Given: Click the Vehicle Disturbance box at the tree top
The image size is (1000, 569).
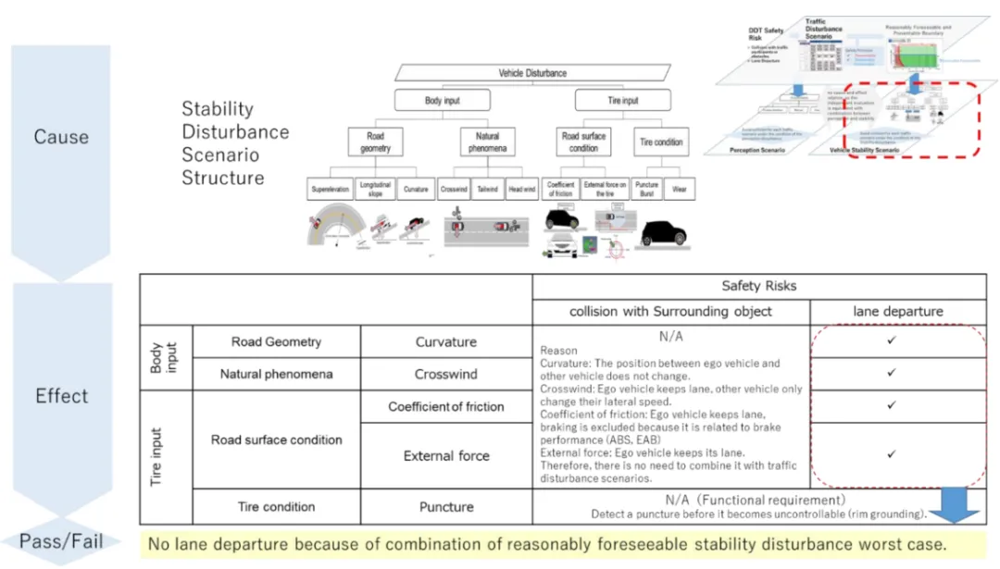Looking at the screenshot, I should [532, 73].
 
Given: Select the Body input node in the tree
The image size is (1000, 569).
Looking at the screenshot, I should [441, 100].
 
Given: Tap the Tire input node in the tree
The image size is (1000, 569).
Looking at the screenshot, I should [623, 100].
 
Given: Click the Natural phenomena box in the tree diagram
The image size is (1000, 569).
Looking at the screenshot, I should [487, 142].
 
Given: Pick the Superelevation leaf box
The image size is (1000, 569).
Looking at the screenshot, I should [331, 189].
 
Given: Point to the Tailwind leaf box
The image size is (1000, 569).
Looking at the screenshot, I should [488, 189].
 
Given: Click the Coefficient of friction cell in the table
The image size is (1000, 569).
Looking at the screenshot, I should [446, 407].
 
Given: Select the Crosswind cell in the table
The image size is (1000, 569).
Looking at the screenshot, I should [446, 374].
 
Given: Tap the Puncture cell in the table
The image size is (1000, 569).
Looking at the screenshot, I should [446, 507].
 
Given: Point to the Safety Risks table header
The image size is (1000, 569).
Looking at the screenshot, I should [757, 287].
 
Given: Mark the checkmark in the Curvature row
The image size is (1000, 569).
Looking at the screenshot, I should [891, 340].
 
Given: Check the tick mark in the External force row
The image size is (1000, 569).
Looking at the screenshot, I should [891, 454].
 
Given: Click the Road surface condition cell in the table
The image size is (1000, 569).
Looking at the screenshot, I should [276, 439].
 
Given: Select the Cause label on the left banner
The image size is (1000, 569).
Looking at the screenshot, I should [61, 137].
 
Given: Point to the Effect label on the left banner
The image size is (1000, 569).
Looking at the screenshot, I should [61, 396].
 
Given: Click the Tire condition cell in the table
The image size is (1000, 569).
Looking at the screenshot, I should [276, 507].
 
